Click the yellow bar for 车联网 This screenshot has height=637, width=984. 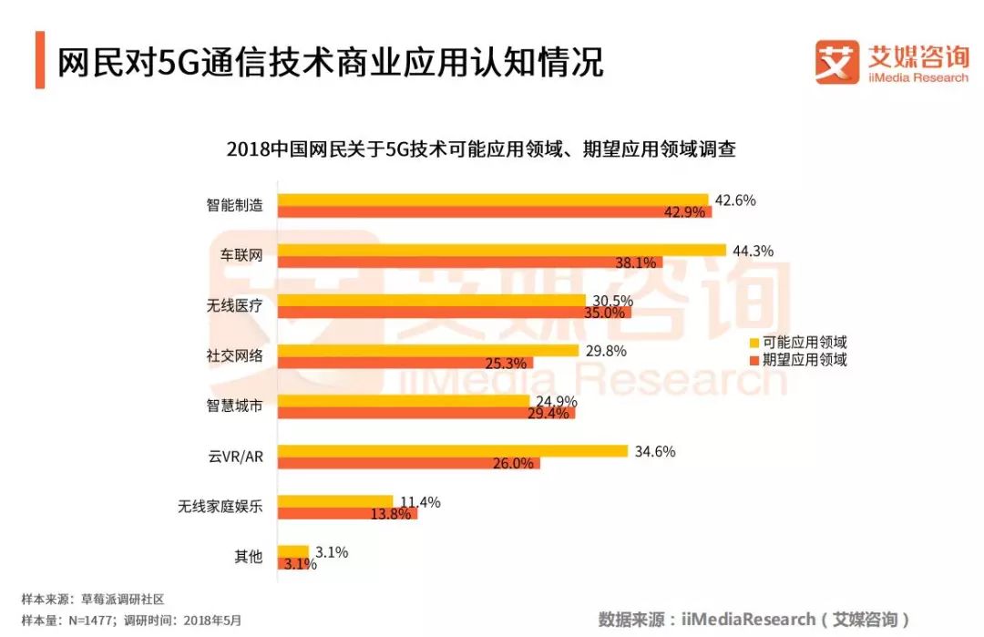tap(501, 250)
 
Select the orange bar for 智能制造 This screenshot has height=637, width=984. tap(495, 212)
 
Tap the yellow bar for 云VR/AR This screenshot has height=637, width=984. tap(453, 450)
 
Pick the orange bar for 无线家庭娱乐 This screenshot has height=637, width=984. tap(347, 513)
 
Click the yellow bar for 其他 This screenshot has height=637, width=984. tap(293, 550)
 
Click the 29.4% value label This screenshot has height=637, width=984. tap(548, 413)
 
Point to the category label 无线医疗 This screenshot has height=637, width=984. tap(234, 305)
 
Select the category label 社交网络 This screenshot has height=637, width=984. tap(234, 355)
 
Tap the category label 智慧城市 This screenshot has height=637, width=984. tap(234, 406)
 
